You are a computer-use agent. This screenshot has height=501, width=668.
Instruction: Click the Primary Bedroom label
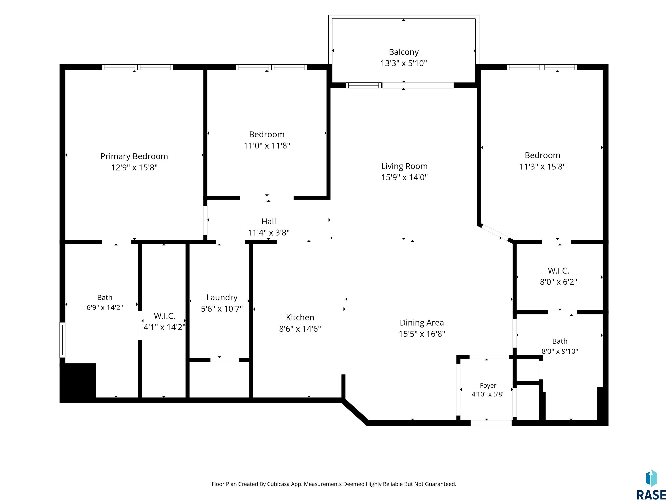134,156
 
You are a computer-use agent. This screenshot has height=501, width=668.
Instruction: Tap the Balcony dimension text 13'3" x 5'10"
404,63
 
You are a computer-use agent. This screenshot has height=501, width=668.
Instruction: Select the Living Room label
404,166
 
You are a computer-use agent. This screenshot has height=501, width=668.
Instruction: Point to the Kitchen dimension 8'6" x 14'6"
300,329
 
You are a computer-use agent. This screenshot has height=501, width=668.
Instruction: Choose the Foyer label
488,386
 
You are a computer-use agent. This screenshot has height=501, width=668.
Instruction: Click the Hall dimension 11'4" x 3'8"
269,232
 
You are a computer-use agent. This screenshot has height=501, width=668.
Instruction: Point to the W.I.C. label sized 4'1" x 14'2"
165,316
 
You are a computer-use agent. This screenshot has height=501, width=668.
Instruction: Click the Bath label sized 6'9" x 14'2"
105,297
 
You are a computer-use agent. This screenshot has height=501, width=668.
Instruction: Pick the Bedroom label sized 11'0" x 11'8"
267,134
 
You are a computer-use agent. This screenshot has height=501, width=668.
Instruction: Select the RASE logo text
651,495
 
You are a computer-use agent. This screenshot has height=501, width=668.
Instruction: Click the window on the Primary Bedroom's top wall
137,67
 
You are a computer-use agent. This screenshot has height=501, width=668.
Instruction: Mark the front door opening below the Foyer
491,423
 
